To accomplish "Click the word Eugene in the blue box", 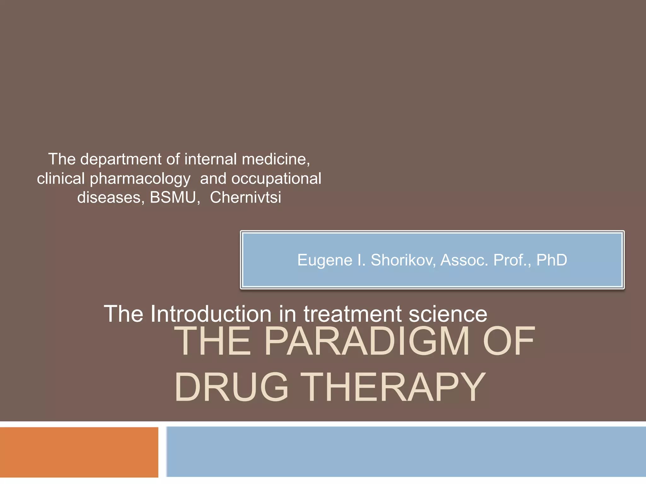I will click(x=325, y=261).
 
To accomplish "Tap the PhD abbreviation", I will click(x=552, y=260).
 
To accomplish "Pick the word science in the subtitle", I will click(x=448, y=314).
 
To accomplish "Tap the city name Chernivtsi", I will click(x=245, y=198).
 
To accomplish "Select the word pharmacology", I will click(x=140, y=179).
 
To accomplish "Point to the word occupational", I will click(x=276, y=179).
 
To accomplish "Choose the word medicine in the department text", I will click(x=276, y=159).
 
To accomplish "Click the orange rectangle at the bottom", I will click(x=79, y=452).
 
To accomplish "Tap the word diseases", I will click(x=111, y=198).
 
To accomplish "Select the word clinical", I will click(x=61, y=179).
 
